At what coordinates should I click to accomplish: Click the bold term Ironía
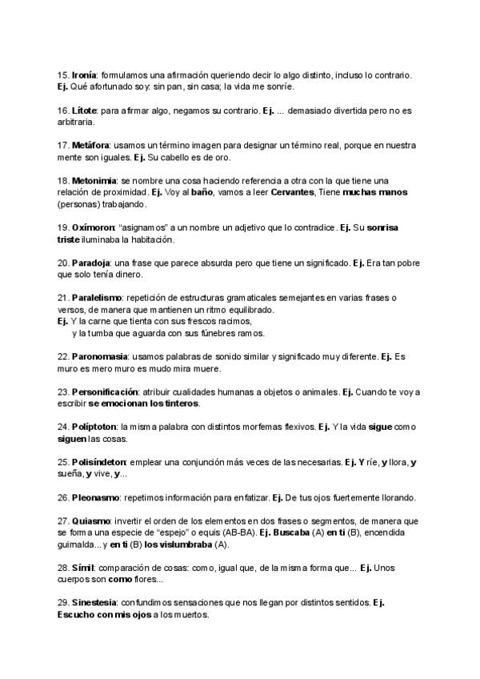[x=85, y=74]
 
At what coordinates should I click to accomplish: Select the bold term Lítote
[x=85, y=110]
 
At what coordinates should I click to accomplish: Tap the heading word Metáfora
[x=90, y=145]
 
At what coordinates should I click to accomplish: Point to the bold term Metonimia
[x=94, y=181]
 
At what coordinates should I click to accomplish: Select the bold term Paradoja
[x=92, y=263]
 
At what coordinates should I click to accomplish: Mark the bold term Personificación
[x=104, y=392]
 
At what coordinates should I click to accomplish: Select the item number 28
[x=63, y=568]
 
